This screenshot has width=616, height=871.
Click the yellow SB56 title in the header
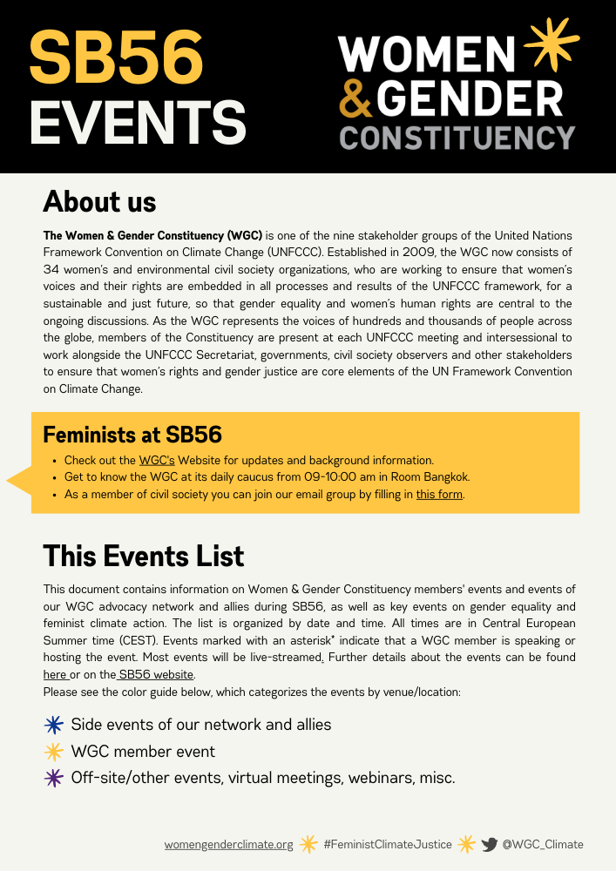click(x=116, y=57)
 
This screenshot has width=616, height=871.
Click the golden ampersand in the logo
click(x=355, y=100)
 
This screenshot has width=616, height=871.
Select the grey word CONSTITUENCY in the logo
click(x=457, y=137)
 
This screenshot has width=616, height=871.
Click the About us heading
click(x=99, y=202)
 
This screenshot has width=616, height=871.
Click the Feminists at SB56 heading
click(x=132, y=435)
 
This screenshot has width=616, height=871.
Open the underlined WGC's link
click(x=157, y=460)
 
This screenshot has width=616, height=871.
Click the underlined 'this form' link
click(x=439, y=495)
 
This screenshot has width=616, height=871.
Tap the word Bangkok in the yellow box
click(x=447, y=477)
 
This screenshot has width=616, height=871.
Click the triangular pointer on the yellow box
click(x=19, y=480)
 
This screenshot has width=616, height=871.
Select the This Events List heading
click(x=144, y=556)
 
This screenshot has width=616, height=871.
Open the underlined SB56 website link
click(x=157, y=675)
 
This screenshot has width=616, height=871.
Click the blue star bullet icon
click(x=54, y=725)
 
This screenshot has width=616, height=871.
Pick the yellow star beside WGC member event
click(x=54, y=752)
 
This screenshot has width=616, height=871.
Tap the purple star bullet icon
click(x=54, y=778)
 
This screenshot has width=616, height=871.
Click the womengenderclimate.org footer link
click(x=228, y=844)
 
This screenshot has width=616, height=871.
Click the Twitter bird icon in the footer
click(x=490, y=844)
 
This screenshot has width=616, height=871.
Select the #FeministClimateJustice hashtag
click(x=387, y=844)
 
